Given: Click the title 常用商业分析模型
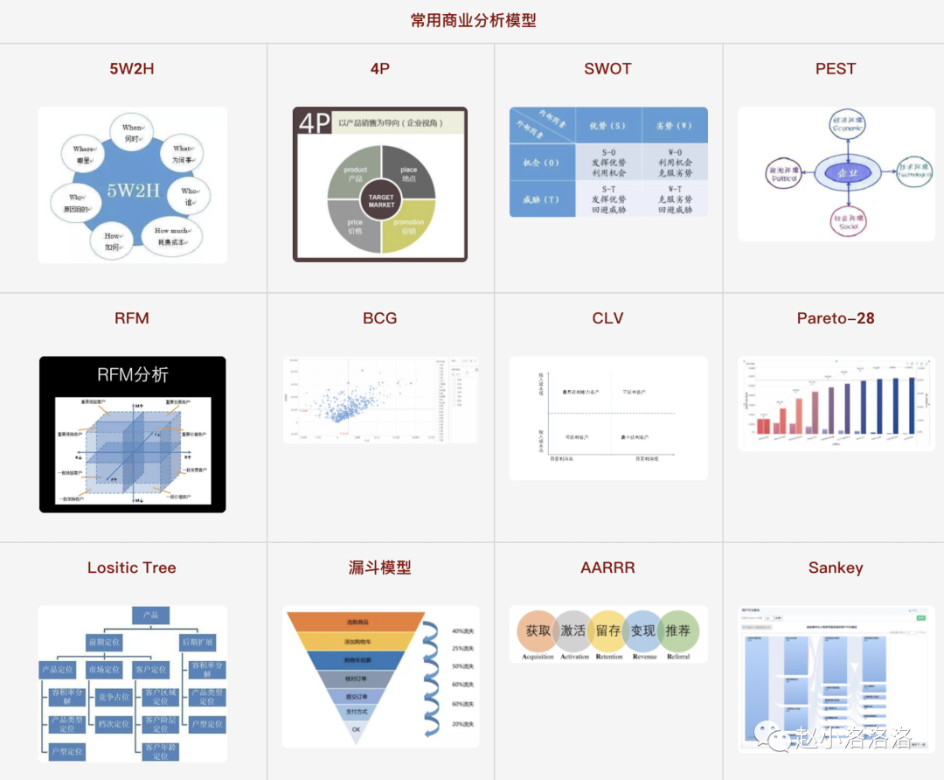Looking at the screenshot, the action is coord(473,20).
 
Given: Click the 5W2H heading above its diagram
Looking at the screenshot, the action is coord(132,69).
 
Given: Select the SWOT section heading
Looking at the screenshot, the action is coord(607,69).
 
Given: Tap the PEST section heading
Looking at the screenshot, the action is coord(835,69).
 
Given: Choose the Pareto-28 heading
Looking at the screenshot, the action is coord(835,318).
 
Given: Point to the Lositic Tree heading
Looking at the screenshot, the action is coord(132,568).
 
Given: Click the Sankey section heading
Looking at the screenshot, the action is coord(835,568).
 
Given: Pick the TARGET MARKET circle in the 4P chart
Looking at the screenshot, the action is coord(381,200).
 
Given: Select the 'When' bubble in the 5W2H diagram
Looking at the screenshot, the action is coord(133,133).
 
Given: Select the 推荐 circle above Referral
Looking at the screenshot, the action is coord(677,630).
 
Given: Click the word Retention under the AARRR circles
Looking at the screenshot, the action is coord(608,657).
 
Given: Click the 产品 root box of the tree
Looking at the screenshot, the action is coord(150,616).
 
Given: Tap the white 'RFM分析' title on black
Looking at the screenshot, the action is coord(132,375).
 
